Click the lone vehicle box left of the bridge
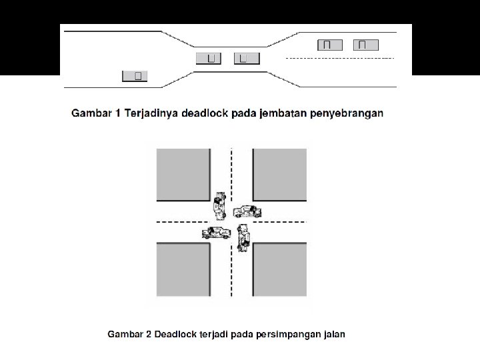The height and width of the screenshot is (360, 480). [135, 75]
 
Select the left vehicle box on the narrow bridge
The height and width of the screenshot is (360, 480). [209, 59]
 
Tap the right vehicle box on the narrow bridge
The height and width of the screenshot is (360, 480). [247, 59]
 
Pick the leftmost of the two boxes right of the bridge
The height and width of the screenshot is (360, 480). [329, 45]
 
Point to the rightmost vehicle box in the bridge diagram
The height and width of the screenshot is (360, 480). [365, 45]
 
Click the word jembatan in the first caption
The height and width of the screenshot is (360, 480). [275, 113]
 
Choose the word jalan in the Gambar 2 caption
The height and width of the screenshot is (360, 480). [332, 333]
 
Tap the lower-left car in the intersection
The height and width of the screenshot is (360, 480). [216, 233]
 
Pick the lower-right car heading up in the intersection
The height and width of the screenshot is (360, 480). [244, 237]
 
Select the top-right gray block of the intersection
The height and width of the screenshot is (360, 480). [280, 175]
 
